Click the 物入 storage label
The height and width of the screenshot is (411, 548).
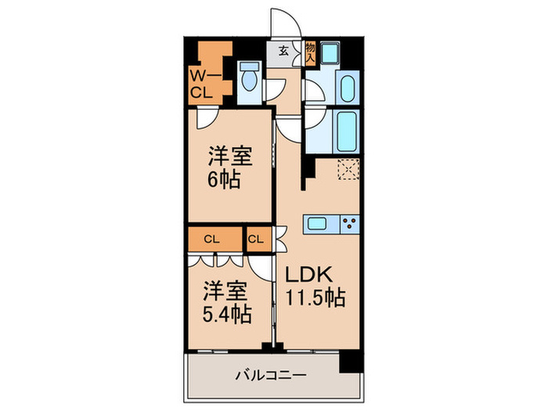(310, 53)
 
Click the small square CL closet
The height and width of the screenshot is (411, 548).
(257, 238)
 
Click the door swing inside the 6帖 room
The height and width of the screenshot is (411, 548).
(207, 120)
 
